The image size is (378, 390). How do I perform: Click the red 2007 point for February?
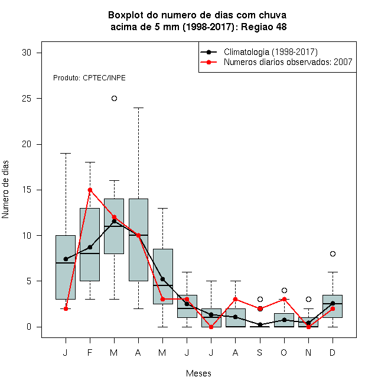90,190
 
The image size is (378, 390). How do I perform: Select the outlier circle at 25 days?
114,99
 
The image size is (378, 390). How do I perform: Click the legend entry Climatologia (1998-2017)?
271,52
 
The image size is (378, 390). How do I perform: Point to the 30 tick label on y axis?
27,53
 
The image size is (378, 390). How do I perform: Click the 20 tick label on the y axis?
27,144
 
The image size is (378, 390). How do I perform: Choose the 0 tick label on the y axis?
29,327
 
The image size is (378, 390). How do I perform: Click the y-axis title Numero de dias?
5,190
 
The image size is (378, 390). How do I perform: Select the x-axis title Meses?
198,373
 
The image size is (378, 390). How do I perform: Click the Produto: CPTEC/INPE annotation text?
89,78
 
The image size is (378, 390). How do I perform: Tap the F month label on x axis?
90,352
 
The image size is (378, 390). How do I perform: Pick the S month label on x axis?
260,352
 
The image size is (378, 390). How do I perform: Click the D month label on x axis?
333,352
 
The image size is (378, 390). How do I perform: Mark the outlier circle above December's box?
333,253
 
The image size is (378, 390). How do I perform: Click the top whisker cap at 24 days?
139,108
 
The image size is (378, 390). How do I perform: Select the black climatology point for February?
90,247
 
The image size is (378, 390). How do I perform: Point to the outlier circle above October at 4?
284,290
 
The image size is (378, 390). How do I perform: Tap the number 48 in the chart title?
281,27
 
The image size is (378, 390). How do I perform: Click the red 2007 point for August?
235,299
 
